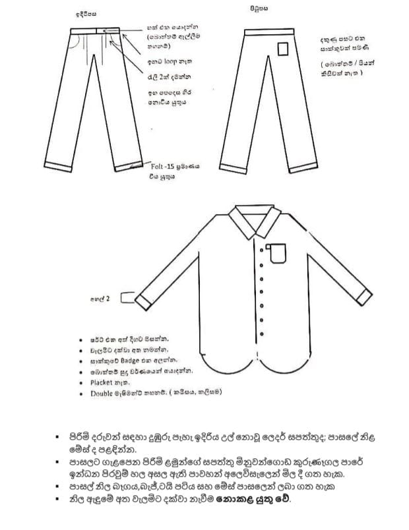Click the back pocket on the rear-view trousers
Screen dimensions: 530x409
click(283, 49)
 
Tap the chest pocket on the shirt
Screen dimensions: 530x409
click(277, 253)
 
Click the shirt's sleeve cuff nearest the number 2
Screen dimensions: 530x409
click(144, 301)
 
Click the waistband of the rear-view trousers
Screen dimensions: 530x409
click(261, 32)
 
